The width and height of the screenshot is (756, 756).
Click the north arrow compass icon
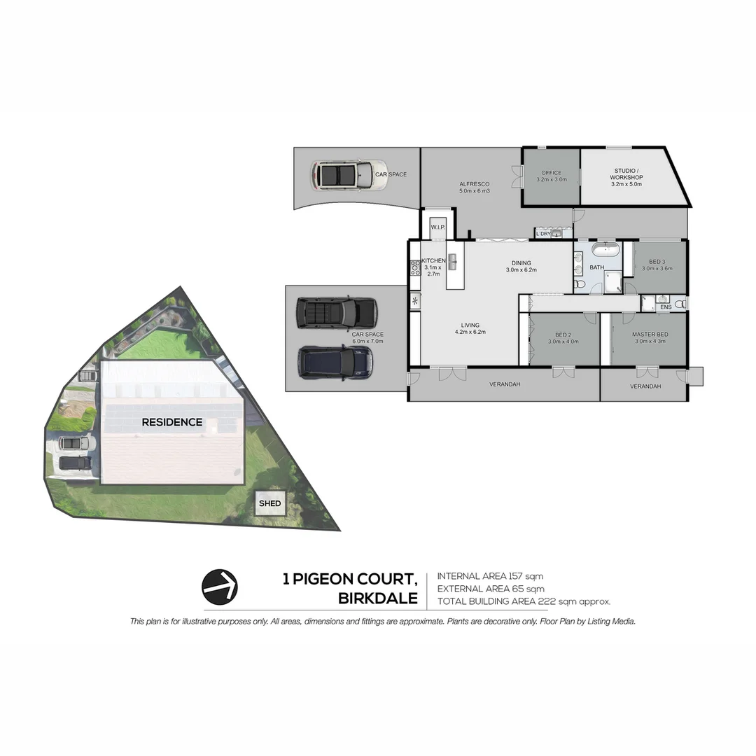219,587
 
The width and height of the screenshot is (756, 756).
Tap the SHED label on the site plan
270,503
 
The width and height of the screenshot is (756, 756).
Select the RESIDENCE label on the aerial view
172,422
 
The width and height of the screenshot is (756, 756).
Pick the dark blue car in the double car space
335,362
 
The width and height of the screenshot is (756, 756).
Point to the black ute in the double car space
337,313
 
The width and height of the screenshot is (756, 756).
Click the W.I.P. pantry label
437,227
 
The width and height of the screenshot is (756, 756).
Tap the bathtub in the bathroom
605,250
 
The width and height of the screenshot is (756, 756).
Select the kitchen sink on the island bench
453,262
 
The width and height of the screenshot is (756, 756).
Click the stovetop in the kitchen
415,267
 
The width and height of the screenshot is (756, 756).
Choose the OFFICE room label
552,173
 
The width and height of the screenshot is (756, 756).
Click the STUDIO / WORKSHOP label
626,174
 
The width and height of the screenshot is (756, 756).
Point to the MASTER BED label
650,334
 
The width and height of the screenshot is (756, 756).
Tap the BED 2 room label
563,335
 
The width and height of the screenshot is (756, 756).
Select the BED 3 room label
657,262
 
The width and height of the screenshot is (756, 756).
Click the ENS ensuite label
666,307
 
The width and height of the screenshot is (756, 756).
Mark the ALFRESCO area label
475,184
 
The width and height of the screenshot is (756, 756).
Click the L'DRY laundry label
543,234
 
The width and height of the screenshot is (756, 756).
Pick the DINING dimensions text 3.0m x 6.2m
521,270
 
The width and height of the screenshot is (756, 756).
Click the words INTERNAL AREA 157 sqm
490,576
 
